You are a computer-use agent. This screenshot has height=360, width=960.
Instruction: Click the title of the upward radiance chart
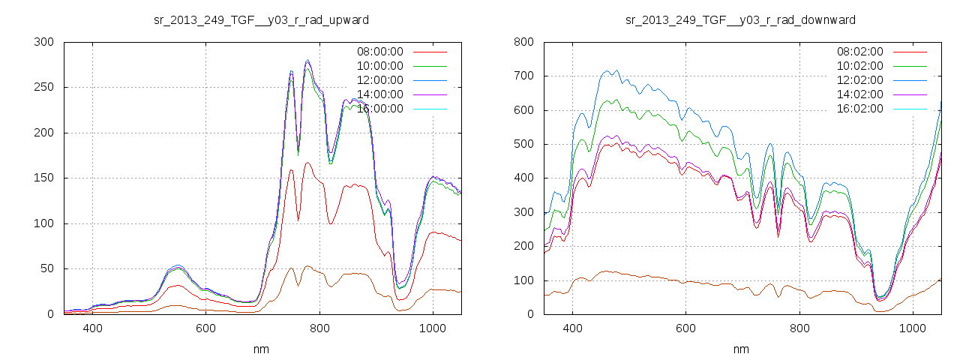pos(261,19)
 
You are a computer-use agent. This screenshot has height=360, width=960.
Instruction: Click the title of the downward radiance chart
pos(740,19)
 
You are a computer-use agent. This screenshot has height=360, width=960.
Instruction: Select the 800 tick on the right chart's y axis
pos(523,42)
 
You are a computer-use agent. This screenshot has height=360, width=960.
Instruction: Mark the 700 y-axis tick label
pos(523,76)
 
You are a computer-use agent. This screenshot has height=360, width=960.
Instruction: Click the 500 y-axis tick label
pos(523,144)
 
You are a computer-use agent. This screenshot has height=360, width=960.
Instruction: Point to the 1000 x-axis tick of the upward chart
pos(433,328)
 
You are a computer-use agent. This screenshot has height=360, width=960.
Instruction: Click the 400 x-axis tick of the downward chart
pos(572,328)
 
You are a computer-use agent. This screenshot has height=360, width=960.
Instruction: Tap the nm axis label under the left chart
pos(261,349)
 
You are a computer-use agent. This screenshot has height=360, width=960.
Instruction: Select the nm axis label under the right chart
pos(741,349)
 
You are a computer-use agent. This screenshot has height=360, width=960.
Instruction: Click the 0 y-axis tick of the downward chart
pos(529,314)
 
